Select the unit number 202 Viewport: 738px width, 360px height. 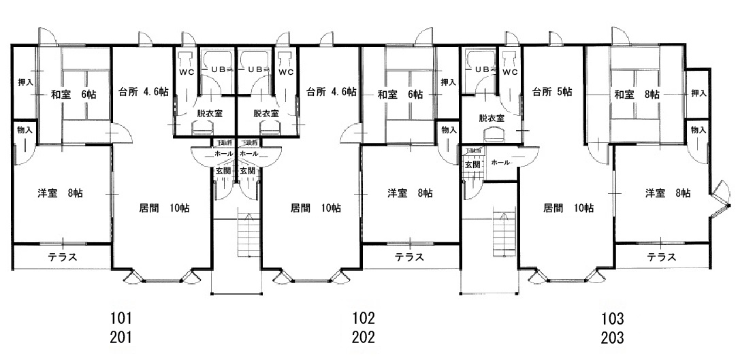point(364,337)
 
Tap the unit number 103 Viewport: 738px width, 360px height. point(612,318)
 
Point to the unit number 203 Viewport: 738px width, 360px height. point(612,337)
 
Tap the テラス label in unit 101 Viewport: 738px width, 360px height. point(62,257)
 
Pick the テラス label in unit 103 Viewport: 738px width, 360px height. point(660,257)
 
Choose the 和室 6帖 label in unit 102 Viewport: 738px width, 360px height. point(400,95)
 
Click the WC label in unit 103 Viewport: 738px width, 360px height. point(510,71)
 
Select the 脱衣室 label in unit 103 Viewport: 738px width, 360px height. point(491,118)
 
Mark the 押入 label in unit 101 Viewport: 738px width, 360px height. point(25,82)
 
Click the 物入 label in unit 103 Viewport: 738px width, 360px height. point(699,129)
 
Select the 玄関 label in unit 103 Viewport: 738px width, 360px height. point(472,165)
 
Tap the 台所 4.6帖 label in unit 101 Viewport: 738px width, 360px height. point(143,93)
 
